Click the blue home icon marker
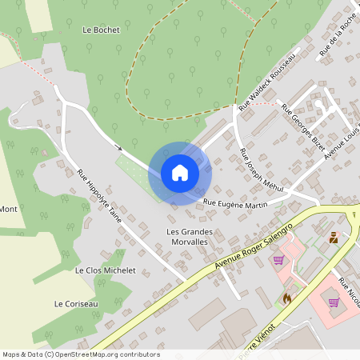point(180,173)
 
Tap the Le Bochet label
point(101,30)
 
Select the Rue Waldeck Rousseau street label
point(268,82)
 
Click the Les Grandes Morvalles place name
point(188,237)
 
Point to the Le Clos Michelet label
point(105,270)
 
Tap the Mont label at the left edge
point(9,209)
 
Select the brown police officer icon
point(333,237)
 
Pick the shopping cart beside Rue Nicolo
point(333,302)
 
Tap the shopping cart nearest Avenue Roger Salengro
point(278,259)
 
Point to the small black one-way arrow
point(119,146)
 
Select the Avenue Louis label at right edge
point(342,141)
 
